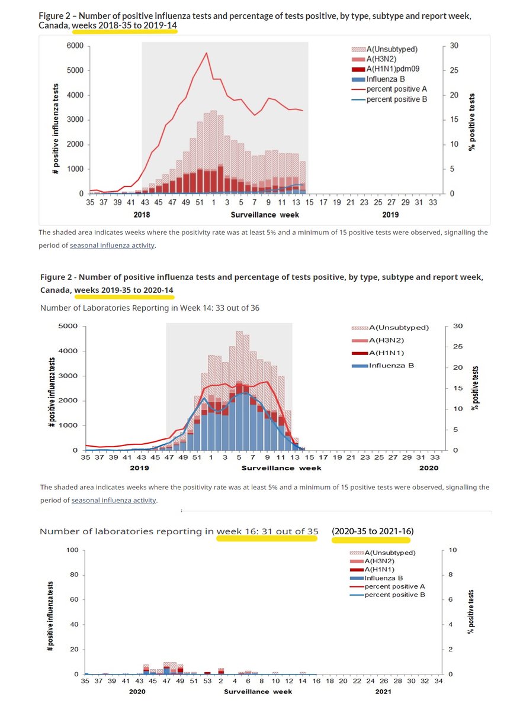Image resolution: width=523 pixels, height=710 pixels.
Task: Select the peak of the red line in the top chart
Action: pos(206,53)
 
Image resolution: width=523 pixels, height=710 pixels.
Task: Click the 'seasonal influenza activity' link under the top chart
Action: pos(112,245)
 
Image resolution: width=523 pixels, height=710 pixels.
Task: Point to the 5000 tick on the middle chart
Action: pos(69,326)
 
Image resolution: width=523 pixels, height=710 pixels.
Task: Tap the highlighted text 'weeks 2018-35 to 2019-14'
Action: pos(124,26)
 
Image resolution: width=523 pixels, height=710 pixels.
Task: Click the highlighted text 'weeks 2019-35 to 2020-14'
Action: pos(124,290)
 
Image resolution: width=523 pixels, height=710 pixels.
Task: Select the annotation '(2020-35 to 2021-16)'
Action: pos(372,531)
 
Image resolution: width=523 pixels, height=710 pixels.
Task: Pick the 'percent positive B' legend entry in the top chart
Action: pos(396,99)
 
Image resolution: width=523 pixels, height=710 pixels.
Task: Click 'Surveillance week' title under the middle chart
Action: pos(281,467)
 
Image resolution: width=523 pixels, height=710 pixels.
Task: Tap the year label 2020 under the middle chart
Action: pos(428,467)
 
